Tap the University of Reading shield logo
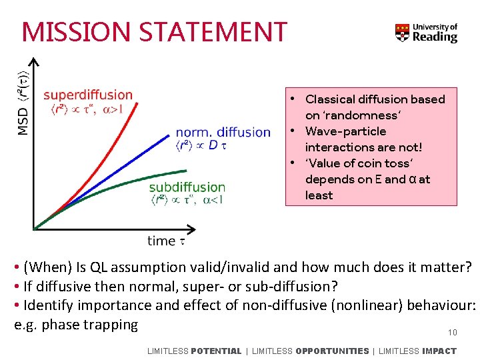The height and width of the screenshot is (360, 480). pos(402,33)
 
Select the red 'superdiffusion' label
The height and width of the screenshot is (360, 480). pos(87,95)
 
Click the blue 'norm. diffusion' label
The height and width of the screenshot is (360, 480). pos(223,132)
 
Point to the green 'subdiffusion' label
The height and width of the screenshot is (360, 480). pos(187,187)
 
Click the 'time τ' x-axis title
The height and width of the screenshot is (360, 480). pos(166,241)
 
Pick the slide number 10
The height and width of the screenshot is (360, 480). pos(452,333)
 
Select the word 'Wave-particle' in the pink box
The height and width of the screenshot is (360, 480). pos(345,131)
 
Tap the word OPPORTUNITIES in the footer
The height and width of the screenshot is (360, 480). pos(331,351)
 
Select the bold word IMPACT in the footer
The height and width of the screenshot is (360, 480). pos(439,351)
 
